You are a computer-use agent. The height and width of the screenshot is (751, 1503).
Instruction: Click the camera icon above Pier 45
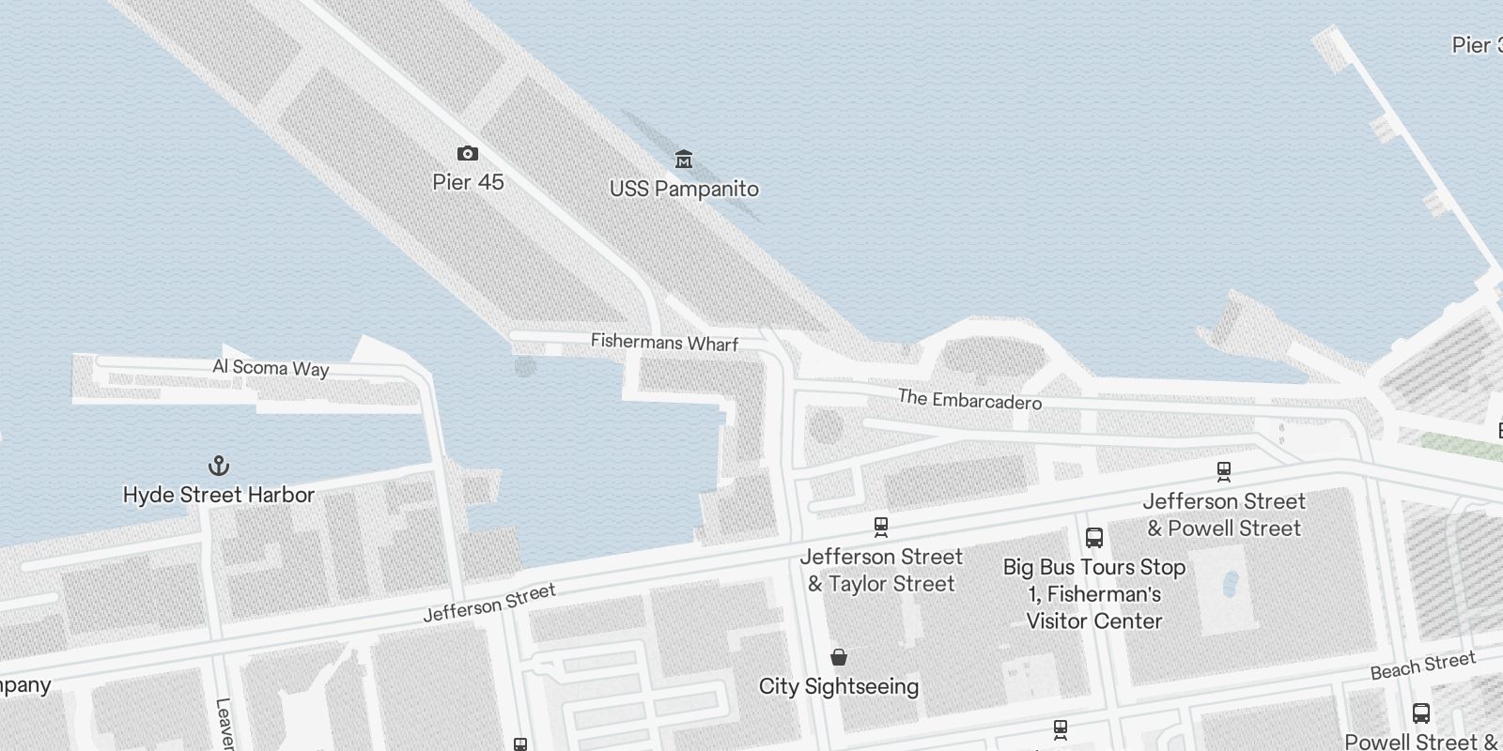(x=467, y=153)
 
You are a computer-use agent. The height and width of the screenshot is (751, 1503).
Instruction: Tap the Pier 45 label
(x=468, y=181)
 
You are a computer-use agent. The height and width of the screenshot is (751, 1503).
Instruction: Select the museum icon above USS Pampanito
(x=684, y=159)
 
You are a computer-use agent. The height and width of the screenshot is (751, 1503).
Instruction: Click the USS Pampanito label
(x=684, y=189)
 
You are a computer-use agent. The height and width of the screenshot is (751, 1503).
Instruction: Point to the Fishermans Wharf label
(x=664, y=343)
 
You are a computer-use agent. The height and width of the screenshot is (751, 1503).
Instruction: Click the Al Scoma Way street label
(x=271, y=367)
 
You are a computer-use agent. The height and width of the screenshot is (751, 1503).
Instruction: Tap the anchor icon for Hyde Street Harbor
(x=218, y=466)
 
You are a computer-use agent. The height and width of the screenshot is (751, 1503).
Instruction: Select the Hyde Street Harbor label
(x=219, y=495)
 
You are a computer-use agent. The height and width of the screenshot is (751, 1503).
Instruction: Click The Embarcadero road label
(x=969, y=399)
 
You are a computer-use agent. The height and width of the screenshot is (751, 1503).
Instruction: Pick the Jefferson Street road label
(x=488, y=603)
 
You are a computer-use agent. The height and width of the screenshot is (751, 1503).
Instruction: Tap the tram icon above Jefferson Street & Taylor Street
(x=880, y=527)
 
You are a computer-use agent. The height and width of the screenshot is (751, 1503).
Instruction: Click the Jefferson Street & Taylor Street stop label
(x=881, y=570)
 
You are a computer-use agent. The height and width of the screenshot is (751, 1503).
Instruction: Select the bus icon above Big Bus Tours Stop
(x=1093, y=538)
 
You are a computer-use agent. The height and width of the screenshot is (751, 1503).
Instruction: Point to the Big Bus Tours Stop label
(x=1094, y=593)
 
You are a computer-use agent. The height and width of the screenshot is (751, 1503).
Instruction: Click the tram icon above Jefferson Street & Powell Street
(x=1223, y=471)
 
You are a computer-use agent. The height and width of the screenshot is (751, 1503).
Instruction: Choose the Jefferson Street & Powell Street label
(x=1224, y=514)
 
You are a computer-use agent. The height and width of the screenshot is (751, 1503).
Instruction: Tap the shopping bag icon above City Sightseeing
(x=839, y=657)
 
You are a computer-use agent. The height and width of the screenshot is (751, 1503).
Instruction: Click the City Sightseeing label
(x=839, y=686)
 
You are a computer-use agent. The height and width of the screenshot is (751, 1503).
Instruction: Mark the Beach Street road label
(x=1422, y=666)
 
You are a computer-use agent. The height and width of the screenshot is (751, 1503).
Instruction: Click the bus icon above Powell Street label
(x=1421, y=713)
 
